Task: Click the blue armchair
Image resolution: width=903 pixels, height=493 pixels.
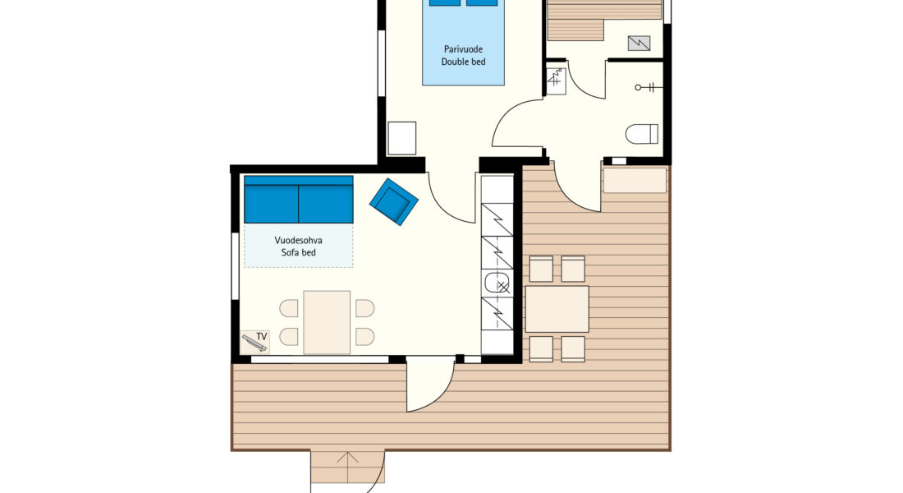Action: click(x=394, y=201)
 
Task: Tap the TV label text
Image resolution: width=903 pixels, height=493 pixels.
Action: click(x=262, y=337)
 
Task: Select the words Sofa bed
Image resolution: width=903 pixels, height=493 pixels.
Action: click(x=298, y=252)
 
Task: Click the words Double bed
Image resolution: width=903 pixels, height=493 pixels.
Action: click(x=464, y=62)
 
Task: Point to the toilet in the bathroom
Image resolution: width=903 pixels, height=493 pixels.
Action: click(x=642, y=134)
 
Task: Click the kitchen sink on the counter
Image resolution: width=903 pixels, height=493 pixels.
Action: click(x=497, y=283)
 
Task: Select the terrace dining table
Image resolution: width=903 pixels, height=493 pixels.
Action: click(x=557, y=309)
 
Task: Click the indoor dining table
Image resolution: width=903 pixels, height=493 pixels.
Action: click(x=327, y=322)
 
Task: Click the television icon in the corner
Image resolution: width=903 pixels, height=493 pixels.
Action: click(x=254, y=342)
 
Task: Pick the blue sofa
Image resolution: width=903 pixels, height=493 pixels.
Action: click(x=298, y=200)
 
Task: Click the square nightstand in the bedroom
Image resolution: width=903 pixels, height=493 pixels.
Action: click(x=402, y=138)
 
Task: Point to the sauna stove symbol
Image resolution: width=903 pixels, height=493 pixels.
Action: click(x=639, y=44)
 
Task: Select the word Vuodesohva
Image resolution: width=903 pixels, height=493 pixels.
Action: click(x=298, y=240)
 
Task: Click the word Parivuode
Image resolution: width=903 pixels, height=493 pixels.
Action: click(x=464, y=49)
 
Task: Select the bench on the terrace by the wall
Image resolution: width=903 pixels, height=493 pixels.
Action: click(x=635, y=180)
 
